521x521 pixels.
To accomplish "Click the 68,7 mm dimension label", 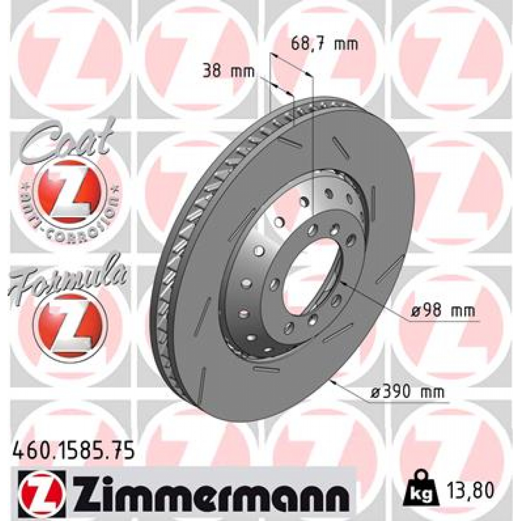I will tap(324, 44).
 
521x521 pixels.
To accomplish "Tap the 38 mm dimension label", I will tap(228, 71).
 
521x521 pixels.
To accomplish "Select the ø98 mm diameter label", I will tap(442, 310).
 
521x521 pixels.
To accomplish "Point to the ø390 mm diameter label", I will tap(407, 392).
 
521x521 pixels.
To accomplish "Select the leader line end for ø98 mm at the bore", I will tap(342, 284).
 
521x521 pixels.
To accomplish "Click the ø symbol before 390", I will tap(376, 392).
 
